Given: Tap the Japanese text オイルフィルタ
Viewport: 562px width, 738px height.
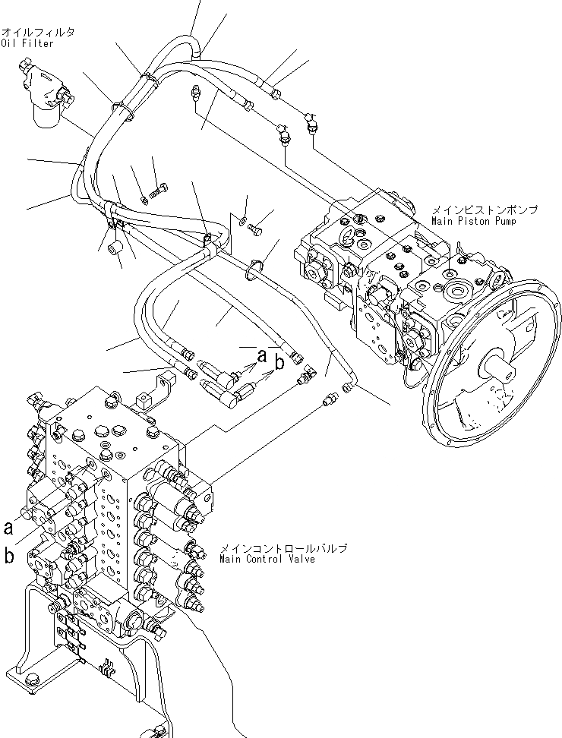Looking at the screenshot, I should click(37, 32).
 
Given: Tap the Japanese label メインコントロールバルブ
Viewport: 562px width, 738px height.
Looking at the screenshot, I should click(283, 547).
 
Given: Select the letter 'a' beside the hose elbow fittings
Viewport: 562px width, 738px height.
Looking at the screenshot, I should click(262, 354).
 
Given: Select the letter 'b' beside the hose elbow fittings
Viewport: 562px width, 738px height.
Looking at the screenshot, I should click(279, 364).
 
